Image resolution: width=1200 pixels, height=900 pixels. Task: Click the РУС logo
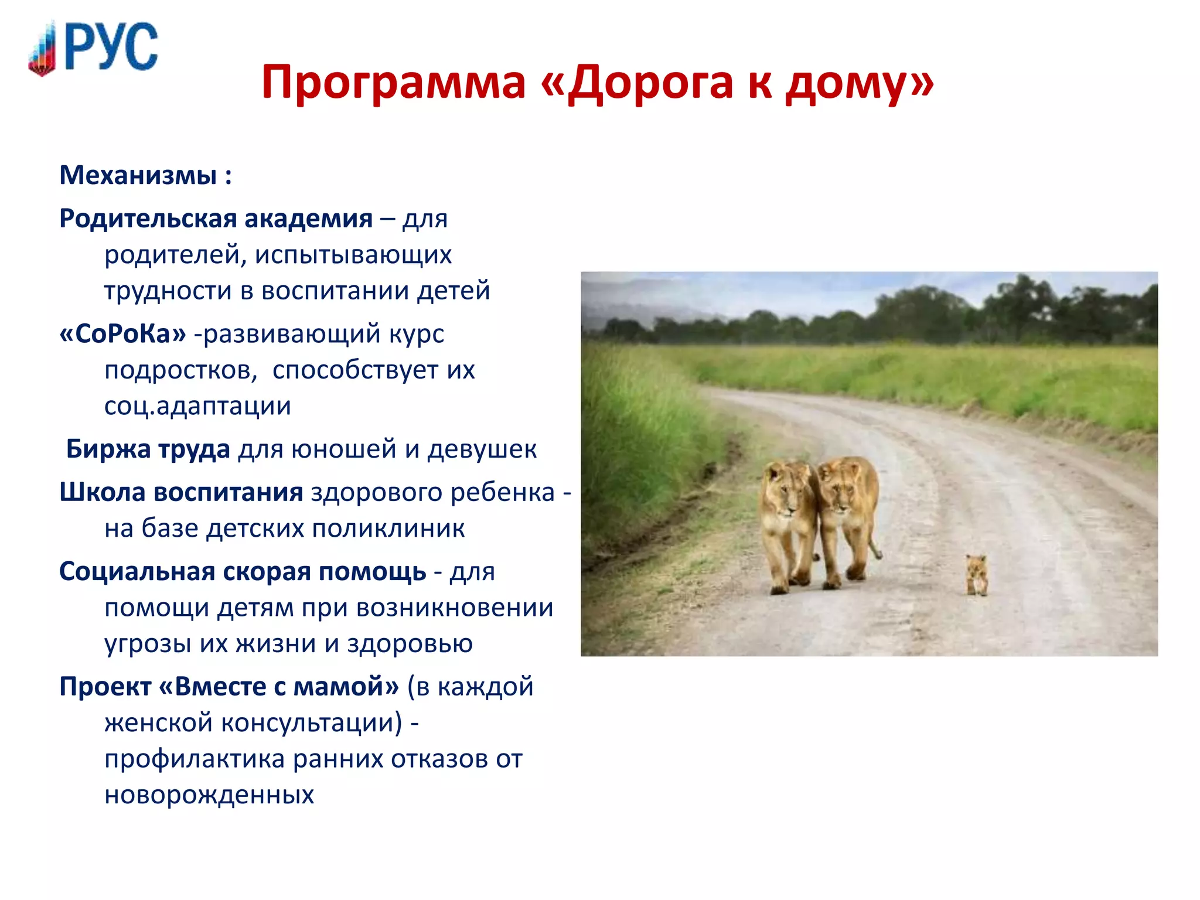(94, 48)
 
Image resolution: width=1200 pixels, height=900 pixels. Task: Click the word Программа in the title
(393, 83)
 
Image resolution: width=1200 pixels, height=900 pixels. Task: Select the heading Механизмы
(138, 175)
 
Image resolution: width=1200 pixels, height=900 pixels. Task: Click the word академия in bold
(308, 219)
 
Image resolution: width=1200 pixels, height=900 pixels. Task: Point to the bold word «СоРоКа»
(122, 334)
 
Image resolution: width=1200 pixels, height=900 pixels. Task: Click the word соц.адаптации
(197, 406)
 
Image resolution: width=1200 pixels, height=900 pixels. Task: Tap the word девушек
(482, 449)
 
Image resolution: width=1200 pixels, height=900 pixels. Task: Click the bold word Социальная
(137, 571)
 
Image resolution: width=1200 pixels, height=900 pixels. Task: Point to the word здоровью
(410, 643)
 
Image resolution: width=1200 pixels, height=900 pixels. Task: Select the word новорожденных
(209, 795)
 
